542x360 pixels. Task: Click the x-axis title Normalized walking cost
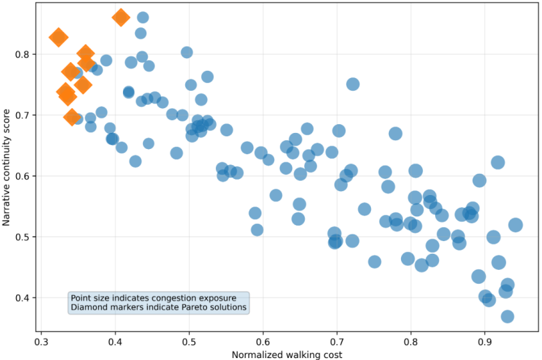[x=287, y=355]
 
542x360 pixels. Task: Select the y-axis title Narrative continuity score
[x=6, y=167]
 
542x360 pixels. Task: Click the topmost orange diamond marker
[x=121, y=17]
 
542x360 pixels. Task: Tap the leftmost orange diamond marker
[x=58, y=37]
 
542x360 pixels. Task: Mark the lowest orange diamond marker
[x=72, y=117]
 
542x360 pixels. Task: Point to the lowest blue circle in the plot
[x=507, y=317]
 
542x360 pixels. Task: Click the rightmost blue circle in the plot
[x=515, y=225]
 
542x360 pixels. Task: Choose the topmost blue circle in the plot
[x=143, y=17]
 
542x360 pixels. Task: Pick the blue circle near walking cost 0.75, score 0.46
[x=374, y=262]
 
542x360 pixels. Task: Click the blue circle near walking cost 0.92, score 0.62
[x=498, y=162]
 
